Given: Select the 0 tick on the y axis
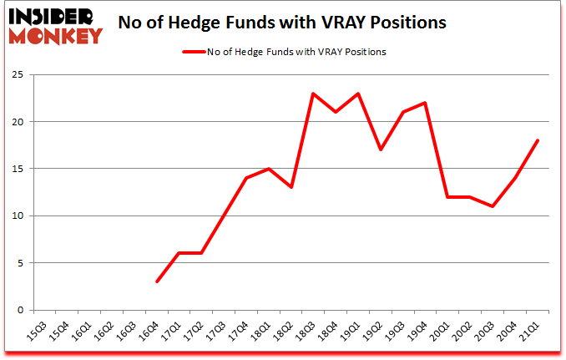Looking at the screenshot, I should pyautogui.click(x=20, y=310).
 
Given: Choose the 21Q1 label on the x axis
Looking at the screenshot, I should pyautogui.click(x=535, y=332).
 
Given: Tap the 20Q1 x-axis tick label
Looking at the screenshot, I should pyautogui.click(x=445, y=332).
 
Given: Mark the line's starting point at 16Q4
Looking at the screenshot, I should pyautogui.click(x=156, y=281).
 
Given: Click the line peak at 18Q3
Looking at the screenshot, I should pyautogui.click(x=312, y=93).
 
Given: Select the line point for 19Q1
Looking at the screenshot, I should pyautogui.click(x=357, y=93).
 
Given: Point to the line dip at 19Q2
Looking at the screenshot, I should pyautogui.click(x=380, y=150).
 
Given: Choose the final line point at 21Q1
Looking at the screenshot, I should pyautogui.click(x=538, y=140).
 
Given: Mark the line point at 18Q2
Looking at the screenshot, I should pyautogui.click(x=290, y=187).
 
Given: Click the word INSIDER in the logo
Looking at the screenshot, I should pyautogui.click(x=54, y=17).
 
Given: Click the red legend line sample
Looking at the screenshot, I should pyautogui.click(x=193, y=51).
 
